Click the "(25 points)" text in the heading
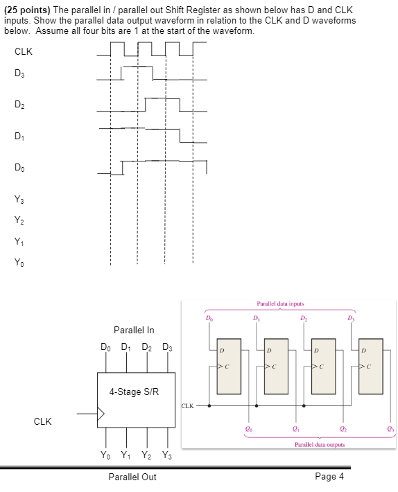pyautogui.click(x=30, y=10)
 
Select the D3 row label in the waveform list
pyautogui.click(x=19, y=73)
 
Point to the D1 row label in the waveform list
pyautogui.click(x=19, y=136)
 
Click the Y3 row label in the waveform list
pyautogui.click(x=19, y=200)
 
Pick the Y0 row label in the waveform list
pyautogui.click(x=19, y=262)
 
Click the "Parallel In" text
pyautogui.click(x=134, y=330)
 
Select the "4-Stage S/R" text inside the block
pyautogui.click(x=134, y=392)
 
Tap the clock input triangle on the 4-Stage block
pyautogui.click(x=101, y=414)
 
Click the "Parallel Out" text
pyautogui.click(x=132, y=477)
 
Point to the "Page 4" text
pyautogui.click(x=329, y=476)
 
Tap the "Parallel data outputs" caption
pyautogui.click(x=319, y=444)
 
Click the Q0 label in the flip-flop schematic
pyautogui.click(x=248, y=429)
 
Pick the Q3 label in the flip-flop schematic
pyautogui.click(x=390, y=429)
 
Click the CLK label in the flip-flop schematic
pyautogui.click(x=189, y=405)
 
